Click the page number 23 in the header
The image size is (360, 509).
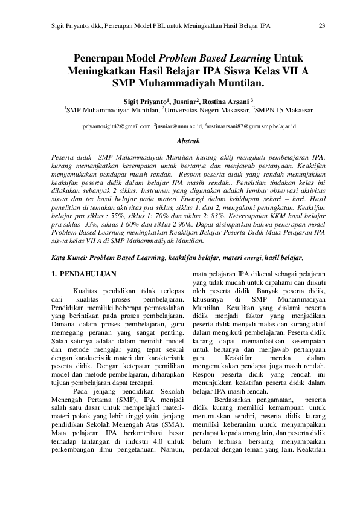tap(321, 26)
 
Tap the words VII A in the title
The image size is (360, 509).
tap(292, 71)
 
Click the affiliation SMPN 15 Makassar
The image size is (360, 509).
tap(285, 111)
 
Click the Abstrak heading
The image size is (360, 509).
tap(186, 141)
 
